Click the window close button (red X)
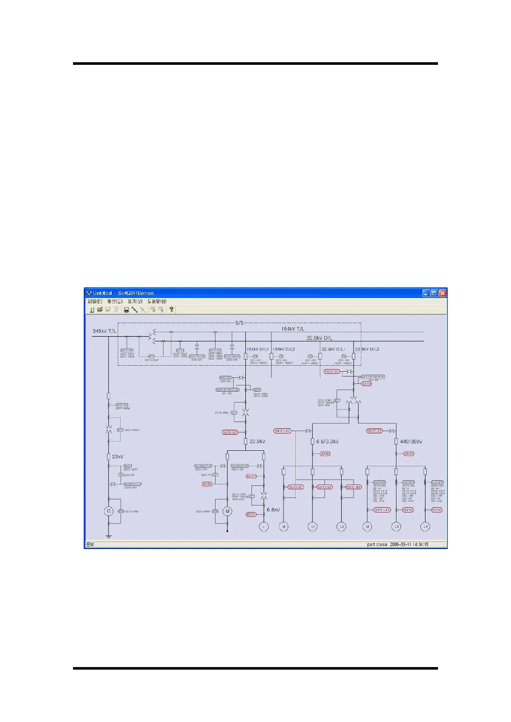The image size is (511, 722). click(442, 293)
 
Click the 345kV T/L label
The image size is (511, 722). click(104, 331)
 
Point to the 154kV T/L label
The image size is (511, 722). click(293, 329)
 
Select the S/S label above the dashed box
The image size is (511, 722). click(239, 323)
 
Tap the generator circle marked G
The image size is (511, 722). click(109, 511)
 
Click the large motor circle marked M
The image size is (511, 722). click(227, 511)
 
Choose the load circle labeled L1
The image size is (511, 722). click(313, 526)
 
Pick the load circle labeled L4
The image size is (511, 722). click(425, 526)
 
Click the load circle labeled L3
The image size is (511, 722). click(396, 526)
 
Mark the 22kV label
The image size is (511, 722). click(118, 456)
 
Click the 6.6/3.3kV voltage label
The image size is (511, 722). click(327, 441)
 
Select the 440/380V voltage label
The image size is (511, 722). click(411, 441)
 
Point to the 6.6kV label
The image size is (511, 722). click(273, 510)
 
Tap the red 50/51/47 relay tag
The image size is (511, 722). click(382, 510)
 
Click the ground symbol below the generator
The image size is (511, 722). click(109, 536)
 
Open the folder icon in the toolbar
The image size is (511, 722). click(100, 309)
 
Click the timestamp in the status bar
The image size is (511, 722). click(409, 544)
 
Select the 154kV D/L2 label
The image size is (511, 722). click(284, 349)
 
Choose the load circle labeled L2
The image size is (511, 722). click(341, 526)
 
